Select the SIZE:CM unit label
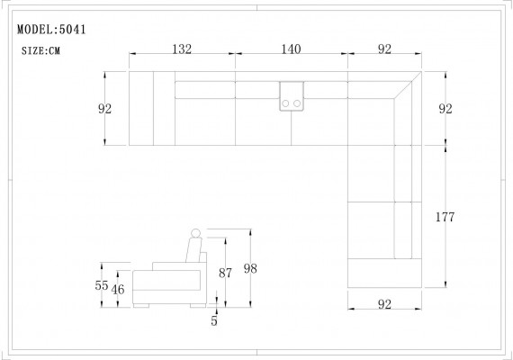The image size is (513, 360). [41, 51]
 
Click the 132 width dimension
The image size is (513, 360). [183, 50]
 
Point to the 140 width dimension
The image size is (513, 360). [291, 50]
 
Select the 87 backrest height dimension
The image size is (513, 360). [226, 273]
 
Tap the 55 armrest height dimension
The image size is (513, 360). [102, 284]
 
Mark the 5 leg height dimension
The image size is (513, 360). [214, 319]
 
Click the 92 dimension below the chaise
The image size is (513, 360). [384, 305]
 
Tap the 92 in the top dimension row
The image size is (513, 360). [384, 50]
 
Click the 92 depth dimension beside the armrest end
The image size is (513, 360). [105, 109]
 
